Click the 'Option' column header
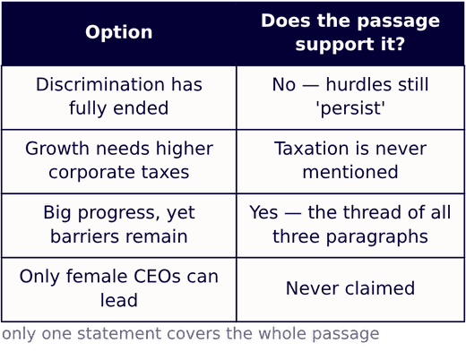point(119,32)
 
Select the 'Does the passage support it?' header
point(350,32)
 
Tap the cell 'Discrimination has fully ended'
point(119,96)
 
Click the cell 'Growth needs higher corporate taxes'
point(119,160)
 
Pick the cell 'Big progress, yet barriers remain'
point(119,225)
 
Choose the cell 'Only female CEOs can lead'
point(119,288)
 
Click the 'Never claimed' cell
point(350,288)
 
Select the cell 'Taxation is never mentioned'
point(350,160)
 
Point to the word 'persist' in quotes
point(350,108)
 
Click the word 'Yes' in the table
point(263,212)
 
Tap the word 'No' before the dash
point(284,84)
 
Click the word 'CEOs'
point(157,277)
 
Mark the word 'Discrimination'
point(100,84)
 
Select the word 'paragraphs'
point(376,236)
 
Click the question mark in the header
point(400,44)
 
